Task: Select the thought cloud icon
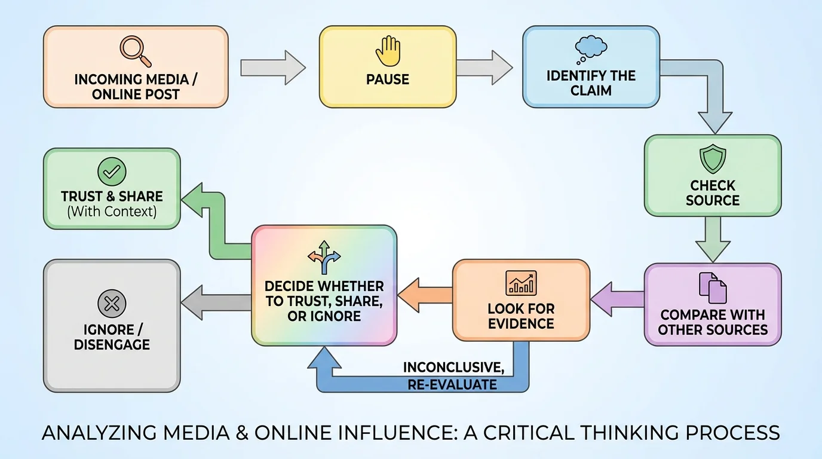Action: click(x=591, y=50)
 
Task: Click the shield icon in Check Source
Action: click(x=712, y=160)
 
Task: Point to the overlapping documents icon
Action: click(x=713, y=287)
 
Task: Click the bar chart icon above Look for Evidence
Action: click(x=521, y=283)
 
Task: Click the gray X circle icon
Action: click(x=112, y=304)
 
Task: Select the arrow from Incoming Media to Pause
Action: click(x=273, y=67)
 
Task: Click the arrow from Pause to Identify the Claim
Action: click(x=484, y=67)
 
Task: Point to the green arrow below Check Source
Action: click(x=713, y=238)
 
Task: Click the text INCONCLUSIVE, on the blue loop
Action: click(x=453, y=367)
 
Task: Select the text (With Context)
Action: click(x=112, y=211)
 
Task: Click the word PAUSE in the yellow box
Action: click(x=387, y=79)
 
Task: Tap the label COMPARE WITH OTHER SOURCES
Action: click(x=713, y=322)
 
